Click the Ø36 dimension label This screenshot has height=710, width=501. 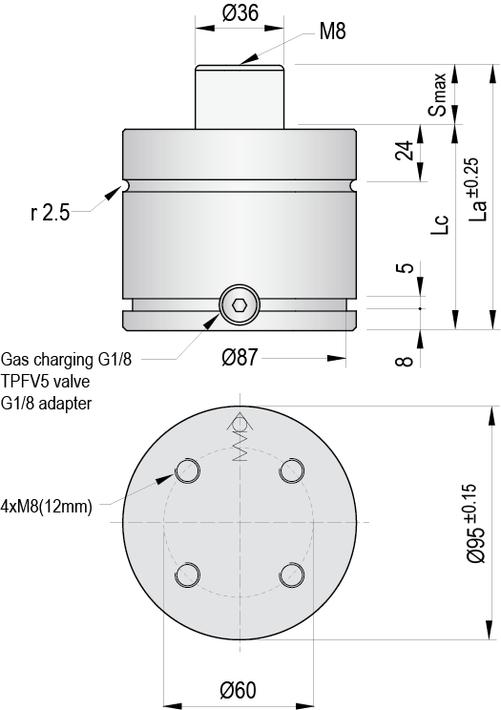pos(240,13)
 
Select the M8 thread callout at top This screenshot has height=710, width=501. pos(332,31)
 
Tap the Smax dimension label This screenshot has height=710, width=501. pos(438,94)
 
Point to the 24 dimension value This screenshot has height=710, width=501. pos(405,151)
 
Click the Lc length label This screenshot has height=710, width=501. pos(439,223)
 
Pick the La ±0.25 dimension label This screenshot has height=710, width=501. pos(478,189)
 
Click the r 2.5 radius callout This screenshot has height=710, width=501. pos(51,213)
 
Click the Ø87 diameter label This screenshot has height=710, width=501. pos(240,358)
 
